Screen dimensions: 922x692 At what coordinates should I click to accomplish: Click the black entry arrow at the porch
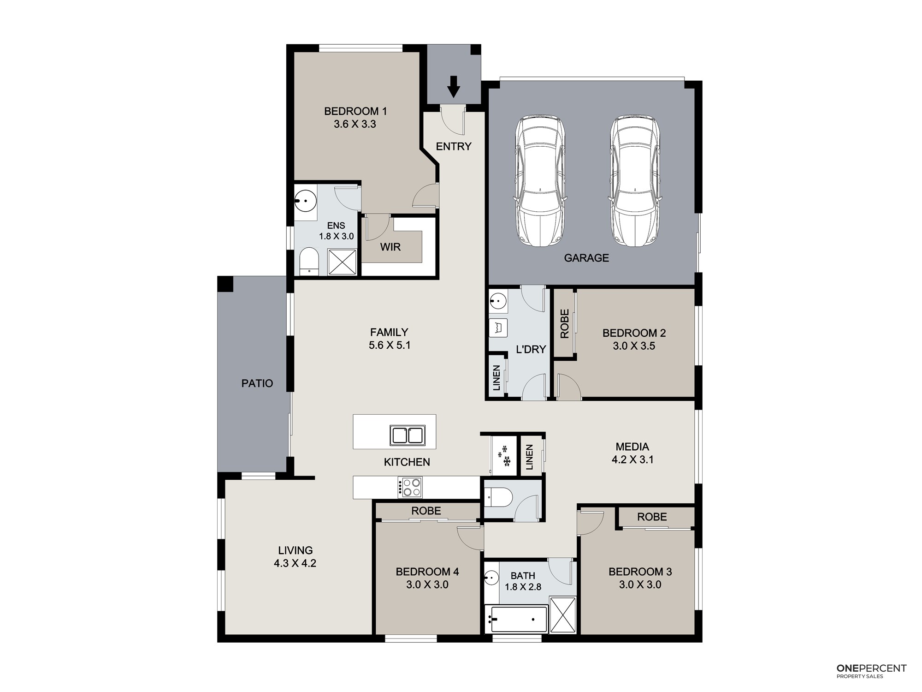tap(454, 87)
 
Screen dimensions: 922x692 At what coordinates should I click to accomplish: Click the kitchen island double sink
tap(408, 435)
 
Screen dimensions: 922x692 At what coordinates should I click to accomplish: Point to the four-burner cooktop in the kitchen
tap(410, 487)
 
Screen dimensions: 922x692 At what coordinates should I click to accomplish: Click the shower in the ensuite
tap(342, 262)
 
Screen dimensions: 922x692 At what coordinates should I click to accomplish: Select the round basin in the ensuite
tap(305, 201)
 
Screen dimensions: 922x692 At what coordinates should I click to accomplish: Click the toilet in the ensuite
tap(309, 262)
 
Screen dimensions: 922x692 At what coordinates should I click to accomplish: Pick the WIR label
tap(390, 247)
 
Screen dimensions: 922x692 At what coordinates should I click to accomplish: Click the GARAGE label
tap(586, 258)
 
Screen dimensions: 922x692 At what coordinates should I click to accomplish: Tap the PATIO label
tap(257, 383)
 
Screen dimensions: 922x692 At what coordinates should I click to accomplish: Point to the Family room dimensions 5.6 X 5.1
tap(390, 345)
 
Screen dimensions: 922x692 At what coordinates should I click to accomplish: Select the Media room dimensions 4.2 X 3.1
tap(632, 459)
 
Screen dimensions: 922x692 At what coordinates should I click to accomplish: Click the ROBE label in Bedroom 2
tap(565, 324)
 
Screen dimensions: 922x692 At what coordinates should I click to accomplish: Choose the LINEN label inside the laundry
tap(496, 378)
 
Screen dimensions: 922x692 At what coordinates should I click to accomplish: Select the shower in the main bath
tap(563, 614)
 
